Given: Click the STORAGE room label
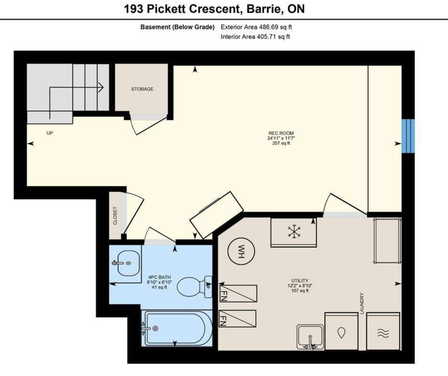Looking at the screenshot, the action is click(142, 89).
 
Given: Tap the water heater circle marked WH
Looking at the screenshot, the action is click(241, 251).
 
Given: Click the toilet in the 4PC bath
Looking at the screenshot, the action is click(194, 287).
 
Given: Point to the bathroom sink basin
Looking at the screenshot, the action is click(128, 263).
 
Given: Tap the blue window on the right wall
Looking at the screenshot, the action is click(408, 136).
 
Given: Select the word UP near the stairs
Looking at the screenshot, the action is click(50, 133).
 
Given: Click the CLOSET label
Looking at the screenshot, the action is click(115, 216).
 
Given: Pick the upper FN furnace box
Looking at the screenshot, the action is click(238, 293).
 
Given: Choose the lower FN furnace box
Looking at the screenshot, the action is click(238, 319).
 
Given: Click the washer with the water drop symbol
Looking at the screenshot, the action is click(341, 331).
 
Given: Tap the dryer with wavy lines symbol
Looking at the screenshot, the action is click(383, 331).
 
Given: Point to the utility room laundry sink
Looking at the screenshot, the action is click(310, 337).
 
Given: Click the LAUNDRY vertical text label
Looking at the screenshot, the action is click(362, 303).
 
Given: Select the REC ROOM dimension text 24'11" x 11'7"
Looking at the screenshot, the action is click(281, 138).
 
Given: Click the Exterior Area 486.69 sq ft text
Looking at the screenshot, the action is click(257, 27).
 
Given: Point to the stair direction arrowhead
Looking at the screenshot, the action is click(101, 87).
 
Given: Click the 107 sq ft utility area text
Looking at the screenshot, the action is click(300, 291).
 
